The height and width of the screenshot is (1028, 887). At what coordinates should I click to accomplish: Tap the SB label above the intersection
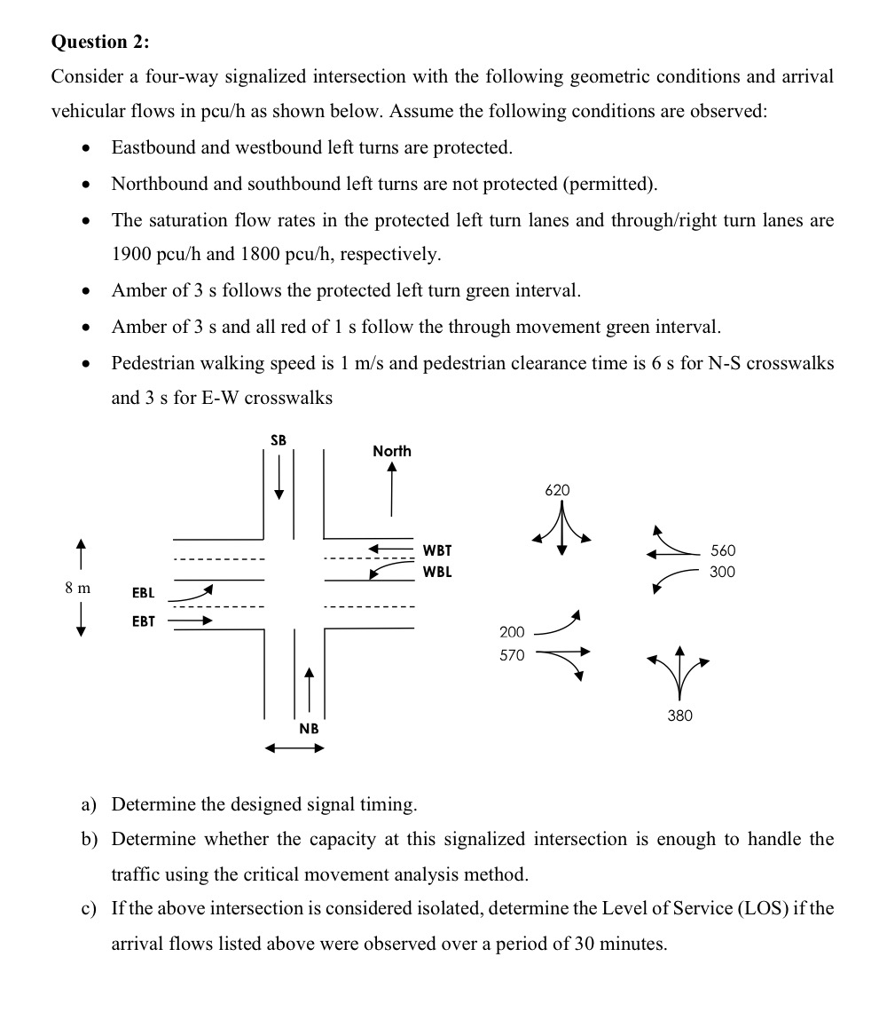point(279,440)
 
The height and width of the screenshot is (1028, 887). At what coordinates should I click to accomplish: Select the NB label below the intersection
point(308,728)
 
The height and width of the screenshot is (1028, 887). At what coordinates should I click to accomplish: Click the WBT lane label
point(437,550)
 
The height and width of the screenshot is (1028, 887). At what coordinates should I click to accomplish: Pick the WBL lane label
point(437,572)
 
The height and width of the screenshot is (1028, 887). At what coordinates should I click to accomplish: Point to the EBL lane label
point(143,592)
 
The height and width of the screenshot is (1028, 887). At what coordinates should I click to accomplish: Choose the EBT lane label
point(143,621)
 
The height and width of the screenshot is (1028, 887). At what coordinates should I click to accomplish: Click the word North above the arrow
point(392,451)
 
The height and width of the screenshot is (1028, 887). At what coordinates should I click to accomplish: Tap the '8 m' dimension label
point(77,587)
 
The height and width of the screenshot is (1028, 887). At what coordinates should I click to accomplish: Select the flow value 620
point(558,490)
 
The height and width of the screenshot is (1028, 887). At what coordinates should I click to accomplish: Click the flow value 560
point(723,550)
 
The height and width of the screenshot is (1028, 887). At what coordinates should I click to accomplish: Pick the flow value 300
point(723,572)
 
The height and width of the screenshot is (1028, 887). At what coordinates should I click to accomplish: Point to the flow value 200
point(512,632)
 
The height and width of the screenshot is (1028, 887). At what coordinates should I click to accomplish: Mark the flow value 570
point(512,655)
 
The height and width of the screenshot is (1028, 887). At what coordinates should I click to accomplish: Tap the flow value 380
point(679,715)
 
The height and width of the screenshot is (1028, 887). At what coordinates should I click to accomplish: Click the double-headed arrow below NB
point(295,748)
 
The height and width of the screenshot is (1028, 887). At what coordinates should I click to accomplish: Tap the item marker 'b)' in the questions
point(89,839)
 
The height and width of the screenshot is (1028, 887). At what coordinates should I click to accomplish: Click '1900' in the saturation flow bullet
point(131,255)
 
